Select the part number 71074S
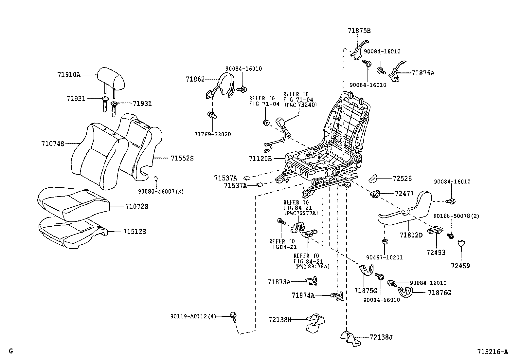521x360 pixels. tap(53, 143)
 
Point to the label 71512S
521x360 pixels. tap(135, 232)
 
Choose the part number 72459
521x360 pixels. tap(460, 266)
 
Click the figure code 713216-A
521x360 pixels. tap(493, 352)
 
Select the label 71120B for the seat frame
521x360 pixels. tap(260, 159)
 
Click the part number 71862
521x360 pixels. tap(195, 79)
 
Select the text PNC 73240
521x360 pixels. tap(301, 105)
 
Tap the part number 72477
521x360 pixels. tap(404, 194)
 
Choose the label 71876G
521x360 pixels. tap(439, 293)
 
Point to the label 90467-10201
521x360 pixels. tap(384, 257)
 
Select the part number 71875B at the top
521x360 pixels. tap(359, 31)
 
